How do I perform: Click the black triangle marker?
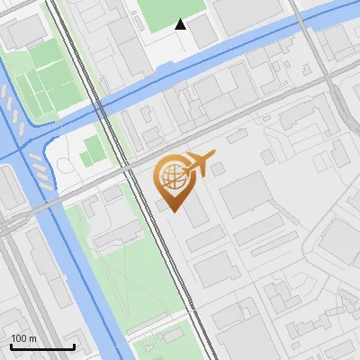tap(181, 24)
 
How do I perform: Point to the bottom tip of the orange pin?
tap(175, 211)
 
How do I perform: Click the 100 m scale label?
tap(23, 338)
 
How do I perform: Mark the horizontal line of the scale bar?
tap(42, 346)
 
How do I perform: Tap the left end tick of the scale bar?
tap(11, 345)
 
